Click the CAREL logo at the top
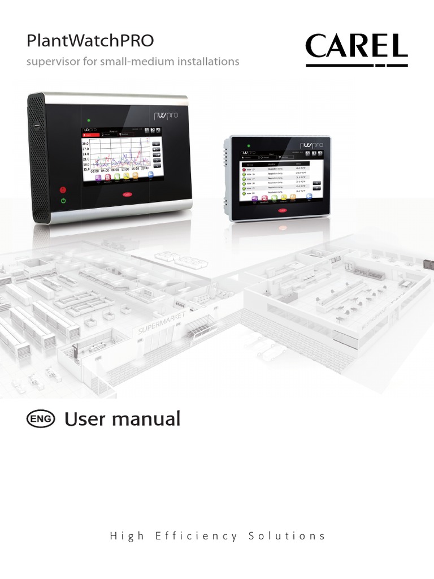pos(357,48)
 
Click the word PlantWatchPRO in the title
pos(90,41)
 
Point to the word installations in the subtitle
pos(209,61)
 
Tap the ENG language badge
pos(41,419)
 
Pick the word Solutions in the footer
pos(287,536)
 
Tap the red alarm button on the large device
pos(63,190)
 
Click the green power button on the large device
pos(63,201)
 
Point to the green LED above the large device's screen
pos(89,120)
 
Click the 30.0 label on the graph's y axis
pos(86,144)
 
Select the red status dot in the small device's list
pos(244,169)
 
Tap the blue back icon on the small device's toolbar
pos(310,196)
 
